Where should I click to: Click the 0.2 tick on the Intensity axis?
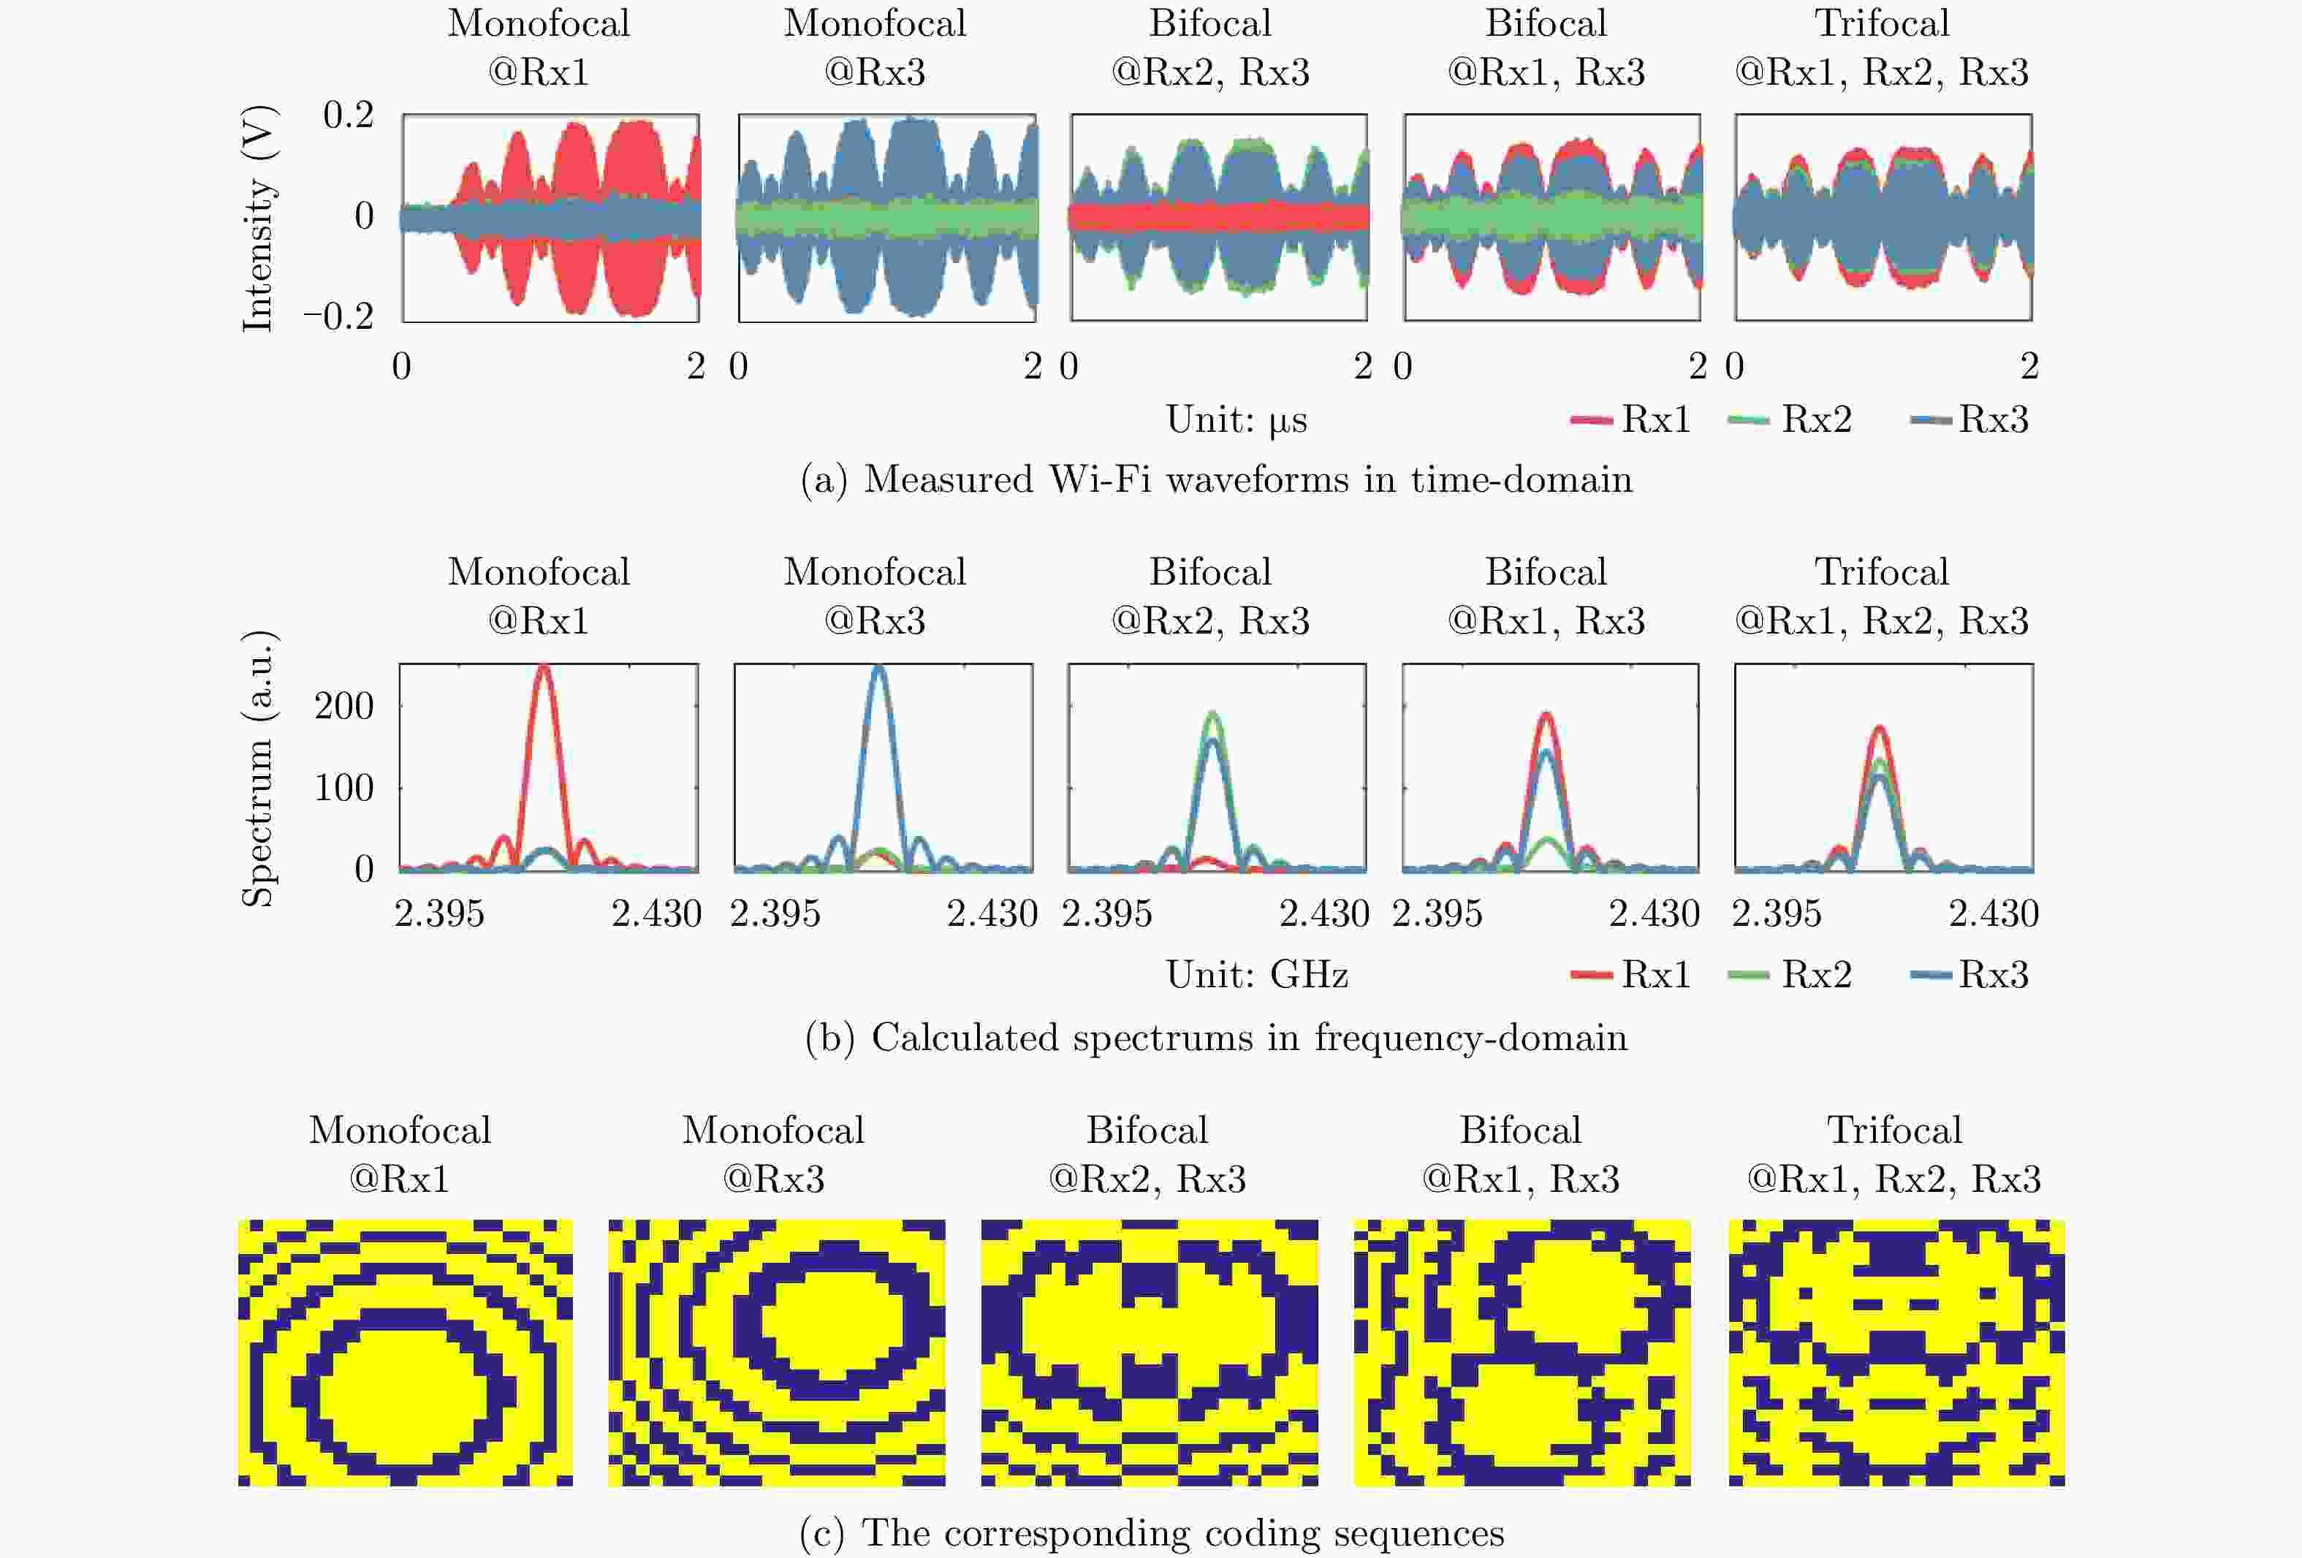pyautogui.click(x=348, y=116)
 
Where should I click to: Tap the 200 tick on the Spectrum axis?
pyautogui.click(x=343, y=706)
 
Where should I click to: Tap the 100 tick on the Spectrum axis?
pyautogui.click(x=343, y=788)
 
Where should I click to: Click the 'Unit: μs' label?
pyautogui.click(x=1237, y=420)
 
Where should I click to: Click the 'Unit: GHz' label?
pyautogui.click(x=1257, y=975)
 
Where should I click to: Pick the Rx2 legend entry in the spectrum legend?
pyautogui.click(x=1791, y=975)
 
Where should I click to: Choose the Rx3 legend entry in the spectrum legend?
pyautogui.click(x=1970, y=975)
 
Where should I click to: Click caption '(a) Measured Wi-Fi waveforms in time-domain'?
pyautogui.click(x=1216, y=479)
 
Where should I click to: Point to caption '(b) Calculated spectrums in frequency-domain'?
pyautogui.click(x=1216, y=1037)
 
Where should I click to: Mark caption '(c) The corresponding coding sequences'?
pyautogui.click(x=1152, y=1532)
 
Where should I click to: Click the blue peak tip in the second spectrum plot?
pyautogui.click(x=878, y=668)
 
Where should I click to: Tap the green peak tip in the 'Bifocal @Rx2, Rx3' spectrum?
pyautogui.click(x=1213, y=713)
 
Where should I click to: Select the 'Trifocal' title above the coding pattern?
pyautogui.click(x=1894, y=1130)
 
